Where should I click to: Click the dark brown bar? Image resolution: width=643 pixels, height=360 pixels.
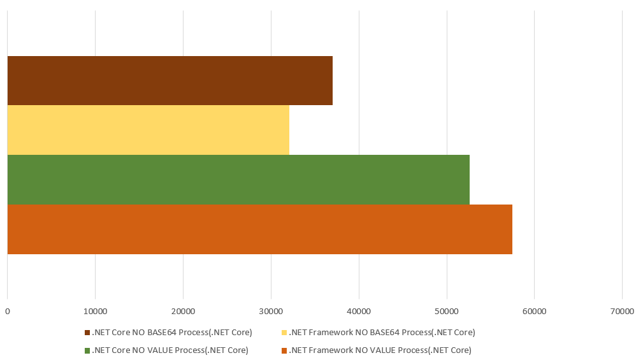[x=170, y=80]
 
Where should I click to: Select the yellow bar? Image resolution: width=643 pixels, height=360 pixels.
[x=148, y=130]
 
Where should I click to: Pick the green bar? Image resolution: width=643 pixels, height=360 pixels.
[x=238, y=180]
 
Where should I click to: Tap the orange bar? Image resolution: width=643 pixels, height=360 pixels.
[x=259, y=229]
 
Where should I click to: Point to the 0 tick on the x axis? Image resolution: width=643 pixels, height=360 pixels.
[x=7, y=312]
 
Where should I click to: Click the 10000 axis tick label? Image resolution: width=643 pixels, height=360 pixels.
[x=95, y=312]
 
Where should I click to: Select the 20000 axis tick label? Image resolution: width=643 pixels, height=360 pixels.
[x=183, y=312]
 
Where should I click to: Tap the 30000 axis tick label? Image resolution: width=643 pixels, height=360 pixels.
[x=271, y=312]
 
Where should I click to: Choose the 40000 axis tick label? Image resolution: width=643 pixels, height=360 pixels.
[x=359, y=312]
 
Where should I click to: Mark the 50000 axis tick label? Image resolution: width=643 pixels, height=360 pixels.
[x=447, y=312]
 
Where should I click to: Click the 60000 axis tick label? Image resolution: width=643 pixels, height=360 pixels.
[x=534, y=312]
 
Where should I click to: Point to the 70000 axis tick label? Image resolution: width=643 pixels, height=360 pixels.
[x=622, y=312]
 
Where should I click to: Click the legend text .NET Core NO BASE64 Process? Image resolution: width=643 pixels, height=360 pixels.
[x=172, y=333]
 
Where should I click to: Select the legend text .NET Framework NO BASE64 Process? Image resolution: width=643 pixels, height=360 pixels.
[x=382, y=333]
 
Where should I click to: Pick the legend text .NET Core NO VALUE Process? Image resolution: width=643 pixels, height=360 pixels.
[x=170, y=350]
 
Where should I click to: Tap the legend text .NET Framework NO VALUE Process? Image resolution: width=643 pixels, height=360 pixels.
[x=380, y=350]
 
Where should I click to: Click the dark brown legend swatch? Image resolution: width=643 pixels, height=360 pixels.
[x=87, y=333]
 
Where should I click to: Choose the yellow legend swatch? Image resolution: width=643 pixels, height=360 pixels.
[x=284, y=333]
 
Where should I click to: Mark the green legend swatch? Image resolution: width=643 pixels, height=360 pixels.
[x=87, y=350]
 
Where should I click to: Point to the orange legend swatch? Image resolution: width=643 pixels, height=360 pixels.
[x=284, y=350]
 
